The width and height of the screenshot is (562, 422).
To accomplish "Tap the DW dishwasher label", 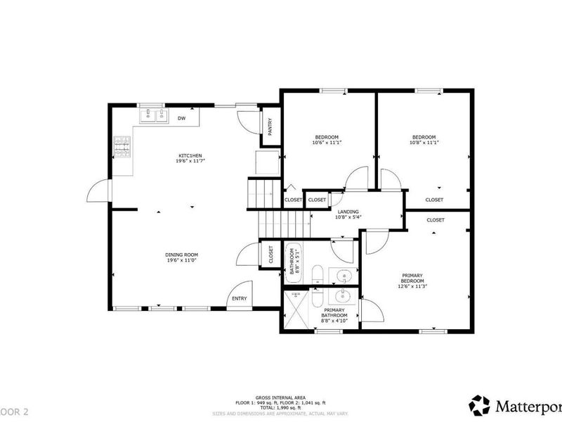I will tap(181, 118).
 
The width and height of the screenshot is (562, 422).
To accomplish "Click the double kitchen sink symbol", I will tap(153, 115).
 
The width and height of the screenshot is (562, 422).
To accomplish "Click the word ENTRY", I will tap(240, 299).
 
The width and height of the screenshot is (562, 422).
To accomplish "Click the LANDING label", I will tap(348, 212).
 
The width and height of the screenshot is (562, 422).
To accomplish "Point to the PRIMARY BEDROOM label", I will tap(412, 279).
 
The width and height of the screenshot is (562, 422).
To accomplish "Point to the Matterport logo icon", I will tap(480, 405).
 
